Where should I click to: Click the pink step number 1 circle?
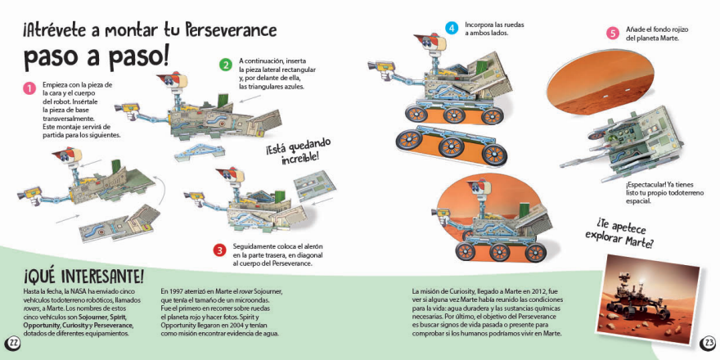pos(29,88)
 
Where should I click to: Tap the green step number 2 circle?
pos(226,65)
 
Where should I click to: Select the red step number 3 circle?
pos(219,250)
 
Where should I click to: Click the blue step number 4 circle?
pos(451,28)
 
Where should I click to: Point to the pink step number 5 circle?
pos(613,34)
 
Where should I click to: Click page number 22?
pos(13,342)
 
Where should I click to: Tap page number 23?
pos(708,342)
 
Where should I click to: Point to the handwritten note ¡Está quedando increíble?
pos(291,152)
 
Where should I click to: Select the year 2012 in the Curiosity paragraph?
pos(535,292)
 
